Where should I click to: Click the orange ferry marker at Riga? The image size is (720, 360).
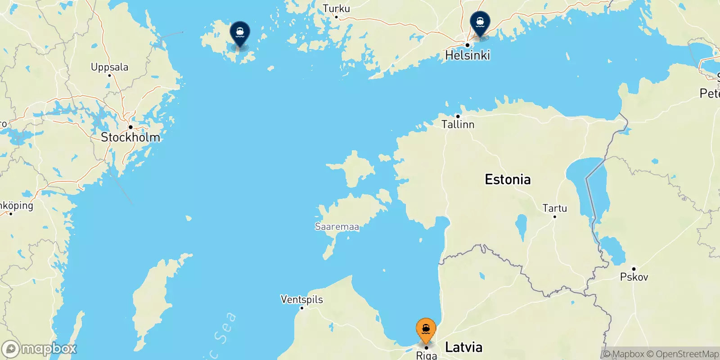coord(426,330)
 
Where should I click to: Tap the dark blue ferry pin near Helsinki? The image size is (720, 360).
coord(480,22)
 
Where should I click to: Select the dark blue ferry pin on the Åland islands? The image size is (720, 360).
coord(240,33)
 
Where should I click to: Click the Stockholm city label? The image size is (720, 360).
coord(130,137)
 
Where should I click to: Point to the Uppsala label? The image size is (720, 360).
coord(109,67)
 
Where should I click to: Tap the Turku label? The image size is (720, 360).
coord(336,9)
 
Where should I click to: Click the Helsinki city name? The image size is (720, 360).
coord(468,55)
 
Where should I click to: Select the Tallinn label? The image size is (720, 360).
coord(458,124)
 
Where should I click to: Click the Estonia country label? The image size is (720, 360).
coord(508,180)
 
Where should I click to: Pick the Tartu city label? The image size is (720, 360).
coord(554,208)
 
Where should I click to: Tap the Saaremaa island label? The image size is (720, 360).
coord(337,226)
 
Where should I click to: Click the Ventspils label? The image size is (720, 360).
coord(301,299)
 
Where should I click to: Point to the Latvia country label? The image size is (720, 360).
coord(463,347)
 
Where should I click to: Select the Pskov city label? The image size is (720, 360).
coord(634,277)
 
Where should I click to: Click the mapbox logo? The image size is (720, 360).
coord(39,349)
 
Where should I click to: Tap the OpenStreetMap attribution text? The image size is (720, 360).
coord(687,354)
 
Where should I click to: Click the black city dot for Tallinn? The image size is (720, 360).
coord(458,116)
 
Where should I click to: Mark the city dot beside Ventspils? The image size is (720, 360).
coord(301,308)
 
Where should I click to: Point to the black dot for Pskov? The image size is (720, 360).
coord(634,269)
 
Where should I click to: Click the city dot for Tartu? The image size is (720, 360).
coord(554,217)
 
